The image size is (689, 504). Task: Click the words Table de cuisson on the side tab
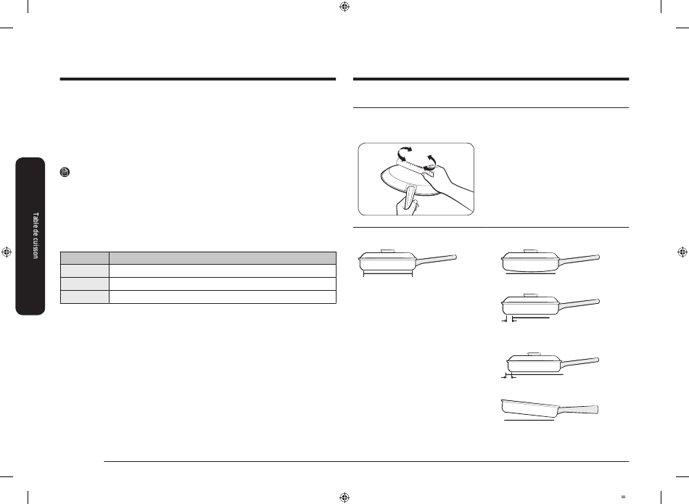coord(36,236)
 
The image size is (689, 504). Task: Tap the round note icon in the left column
coord(65,173)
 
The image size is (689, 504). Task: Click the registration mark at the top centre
coord(344,6)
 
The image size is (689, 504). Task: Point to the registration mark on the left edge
coord(6,252)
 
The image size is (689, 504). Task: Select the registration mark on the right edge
coord(682,252)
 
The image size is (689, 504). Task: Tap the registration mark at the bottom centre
coord(344,497)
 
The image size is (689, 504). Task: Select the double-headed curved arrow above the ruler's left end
coord(405,153)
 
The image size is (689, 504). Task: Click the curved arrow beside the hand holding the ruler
coord(431,161)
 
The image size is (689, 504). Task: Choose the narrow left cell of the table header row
coord(85,258)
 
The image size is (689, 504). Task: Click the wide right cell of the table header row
coord(223,258)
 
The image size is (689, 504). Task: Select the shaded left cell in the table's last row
coord(85,297)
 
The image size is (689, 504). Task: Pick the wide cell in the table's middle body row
coord(223,284)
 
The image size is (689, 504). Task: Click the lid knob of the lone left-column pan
coord(387,251)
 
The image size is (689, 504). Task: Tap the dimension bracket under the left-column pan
coord(388,275)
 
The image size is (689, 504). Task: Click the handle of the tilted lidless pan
coord(578,410)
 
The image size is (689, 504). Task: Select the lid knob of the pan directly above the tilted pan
coord(535,354)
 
